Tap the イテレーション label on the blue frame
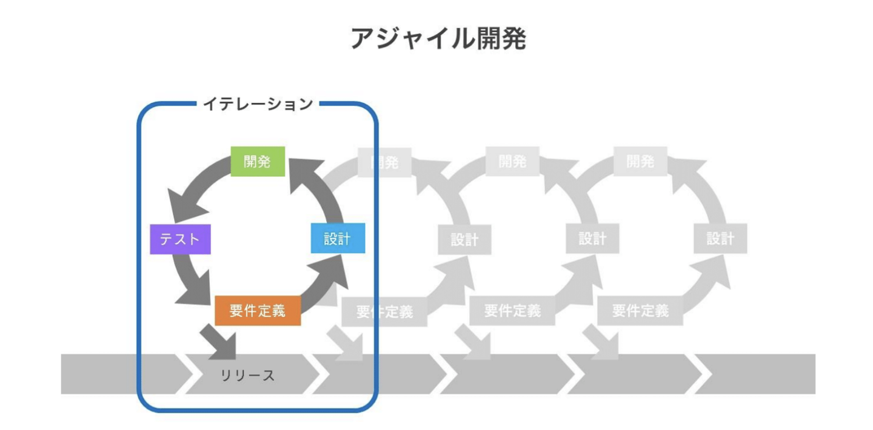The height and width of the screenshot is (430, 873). click(x=258, y=104)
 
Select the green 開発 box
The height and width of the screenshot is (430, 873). click(x=258, y=162)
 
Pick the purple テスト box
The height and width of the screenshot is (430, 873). click(x=180, y=239)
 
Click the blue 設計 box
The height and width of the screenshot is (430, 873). click(x=337, y=239)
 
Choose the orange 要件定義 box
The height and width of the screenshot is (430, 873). click(x=258, y=311)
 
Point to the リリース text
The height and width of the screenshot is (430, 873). click(x=247, y=375)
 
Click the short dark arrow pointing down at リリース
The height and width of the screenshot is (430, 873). click(x=221, y=341)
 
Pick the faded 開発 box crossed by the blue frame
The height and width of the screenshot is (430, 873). click(x=384, y=162)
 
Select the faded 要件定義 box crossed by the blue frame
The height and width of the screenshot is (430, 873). click(x=384, y=312)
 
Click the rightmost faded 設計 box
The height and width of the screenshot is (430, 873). click(x=720, y=239)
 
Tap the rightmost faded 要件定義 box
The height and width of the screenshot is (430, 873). click(x=640, y=311)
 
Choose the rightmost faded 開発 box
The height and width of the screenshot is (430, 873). click(x=640, y=162)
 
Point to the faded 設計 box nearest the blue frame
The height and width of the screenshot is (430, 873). click(x=464, y=239)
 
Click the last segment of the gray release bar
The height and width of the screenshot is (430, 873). click(x=758, y=374)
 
